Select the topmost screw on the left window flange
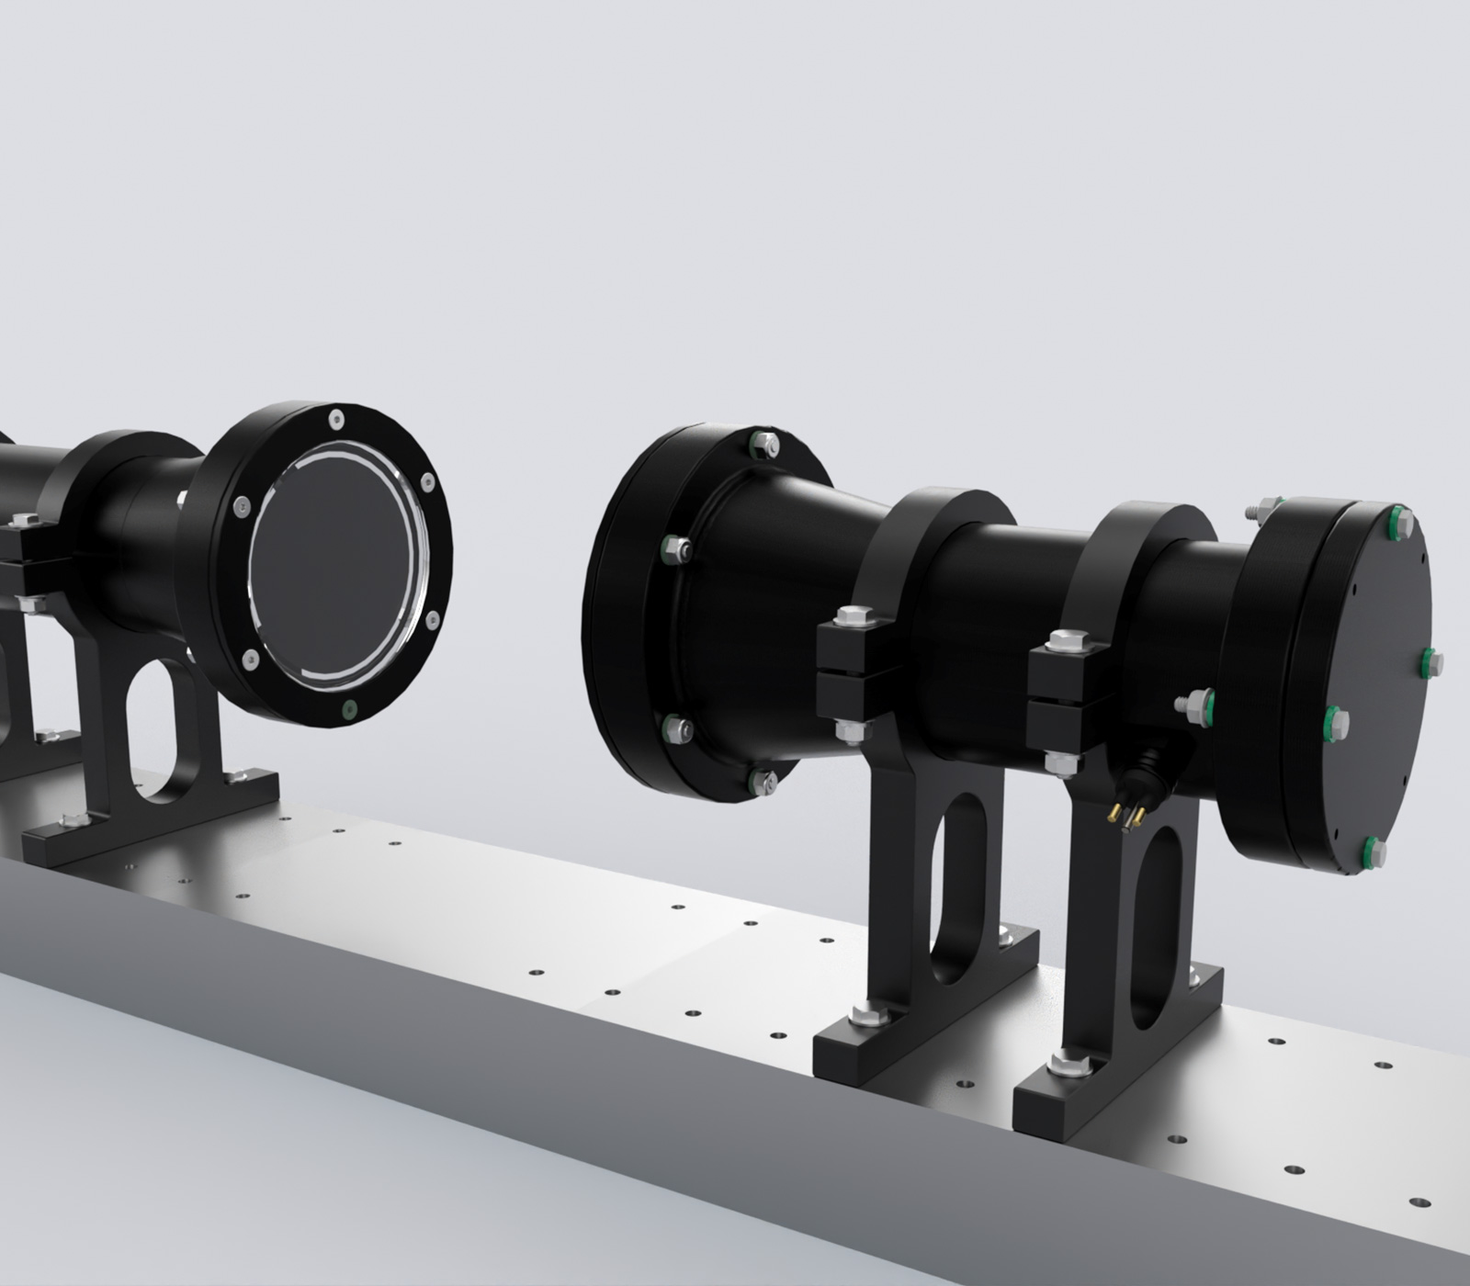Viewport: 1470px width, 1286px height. click(337, 420)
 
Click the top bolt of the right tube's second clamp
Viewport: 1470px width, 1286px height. click(1067, 639)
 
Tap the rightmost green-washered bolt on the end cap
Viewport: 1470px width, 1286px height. click(1432, 660)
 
